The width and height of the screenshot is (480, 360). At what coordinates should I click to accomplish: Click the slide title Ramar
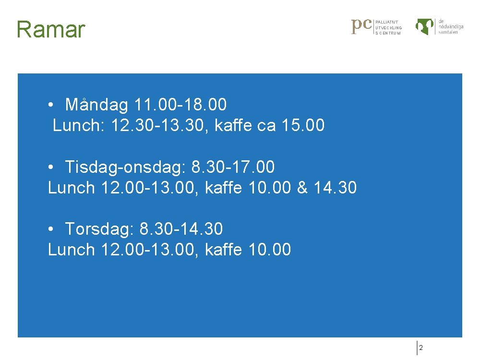pos(50,30)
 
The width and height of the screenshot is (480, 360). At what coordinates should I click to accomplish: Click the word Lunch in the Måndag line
pos(79,126)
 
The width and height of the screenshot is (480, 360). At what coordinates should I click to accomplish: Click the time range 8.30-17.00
pos(233,167)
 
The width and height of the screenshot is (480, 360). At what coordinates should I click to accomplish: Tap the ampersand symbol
pos(302,188)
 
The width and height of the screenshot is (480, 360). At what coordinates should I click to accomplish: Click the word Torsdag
pos(99,229)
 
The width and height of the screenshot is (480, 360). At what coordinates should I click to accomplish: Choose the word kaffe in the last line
pos(223,250)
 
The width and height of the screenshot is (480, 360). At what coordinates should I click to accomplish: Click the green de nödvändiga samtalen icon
pos(425,26)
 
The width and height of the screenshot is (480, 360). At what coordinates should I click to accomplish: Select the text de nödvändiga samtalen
pos(451,26)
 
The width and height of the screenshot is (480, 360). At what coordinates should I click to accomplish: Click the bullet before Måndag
pos(50,105)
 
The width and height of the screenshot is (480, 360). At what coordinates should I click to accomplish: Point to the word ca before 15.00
pos(266,126)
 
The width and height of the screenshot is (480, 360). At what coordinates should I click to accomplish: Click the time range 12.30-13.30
pos(158,126)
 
